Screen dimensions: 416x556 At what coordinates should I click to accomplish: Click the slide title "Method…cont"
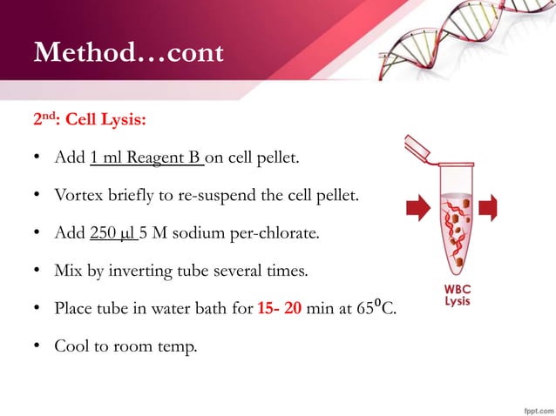(128, 54)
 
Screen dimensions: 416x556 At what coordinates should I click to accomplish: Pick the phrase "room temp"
(157, 347)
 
